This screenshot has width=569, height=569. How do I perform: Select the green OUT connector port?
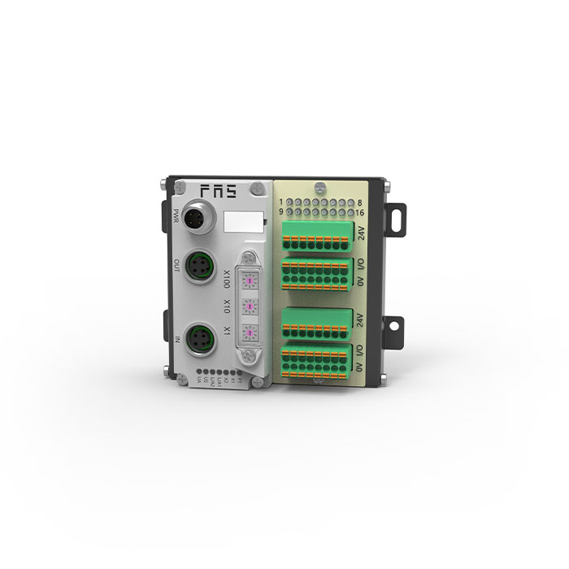[x=200, y=265]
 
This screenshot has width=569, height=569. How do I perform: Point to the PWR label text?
[x=176, y=217]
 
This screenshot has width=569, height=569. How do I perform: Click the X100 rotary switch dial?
[x=251, y=280]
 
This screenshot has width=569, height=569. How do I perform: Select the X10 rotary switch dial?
[x=251, y=307]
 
